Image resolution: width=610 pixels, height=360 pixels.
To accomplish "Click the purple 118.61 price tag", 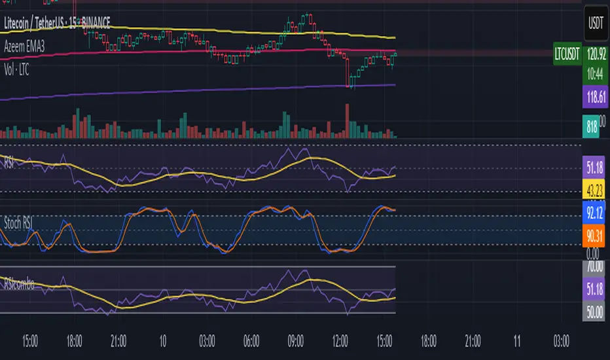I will point(594,98).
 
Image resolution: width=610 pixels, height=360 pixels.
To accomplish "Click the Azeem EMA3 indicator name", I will point(27,39).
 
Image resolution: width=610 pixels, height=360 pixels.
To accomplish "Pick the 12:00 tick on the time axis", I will point(340,341).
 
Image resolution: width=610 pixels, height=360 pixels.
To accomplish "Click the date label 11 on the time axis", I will point(518,341).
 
